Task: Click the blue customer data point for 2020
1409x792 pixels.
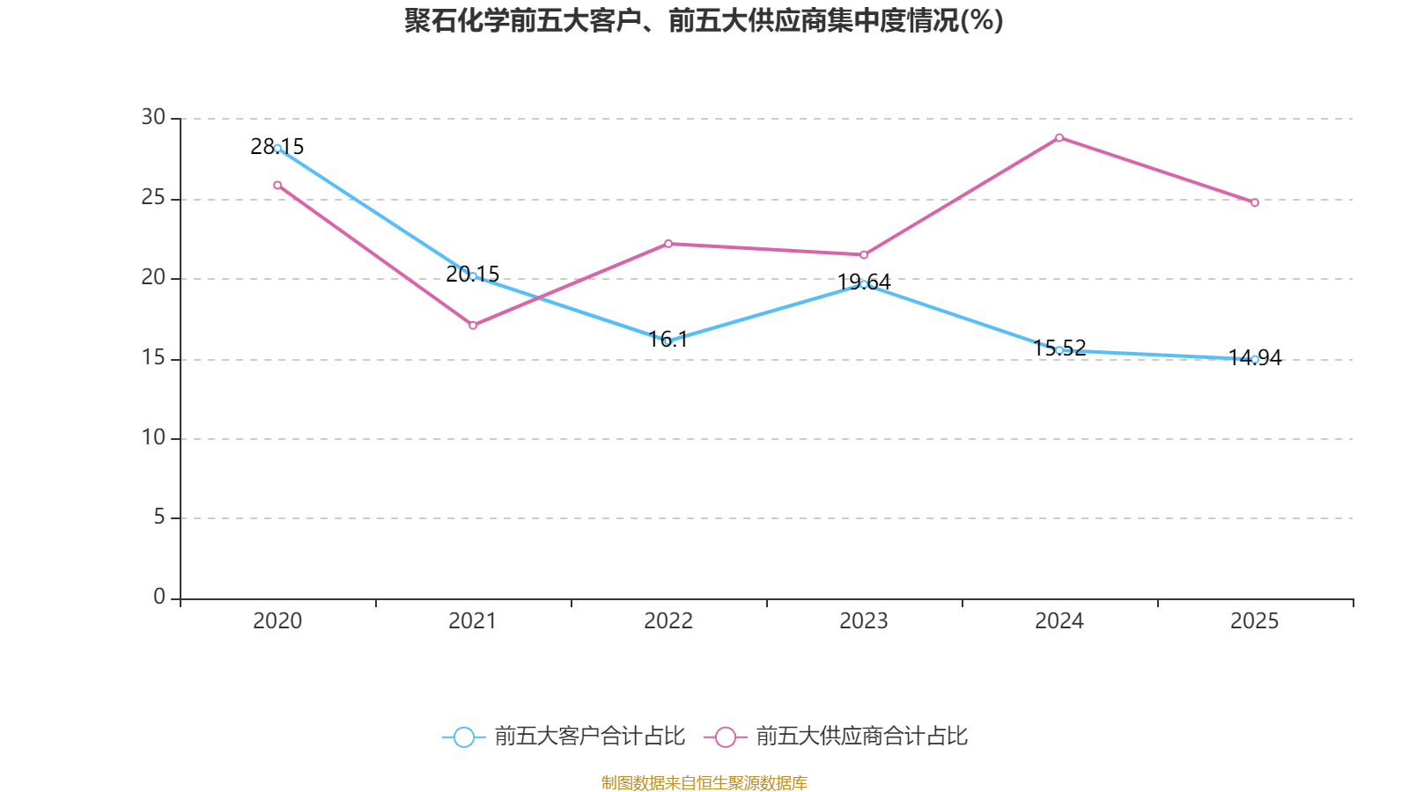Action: [277, 148]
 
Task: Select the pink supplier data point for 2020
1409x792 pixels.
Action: [277, 185]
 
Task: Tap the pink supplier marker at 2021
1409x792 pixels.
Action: [473, 326]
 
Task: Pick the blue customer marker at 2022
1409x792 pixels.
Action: [668, 341]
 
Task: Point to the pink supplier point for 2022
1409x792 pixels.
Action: [668, 244]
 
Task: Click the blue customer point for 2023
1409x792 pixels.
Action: [864, 283]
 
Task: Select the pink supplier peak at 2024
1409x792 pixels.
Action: [1059, 137]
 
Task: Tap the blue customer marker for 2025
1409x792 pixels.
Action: [1255, 359]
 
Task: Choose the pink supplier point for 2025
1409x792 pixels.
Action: [1255, 202]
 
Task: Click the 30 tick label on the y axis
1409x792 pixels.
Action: [153, 117]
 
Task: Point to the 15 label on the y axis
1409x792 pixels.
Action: [153, 357]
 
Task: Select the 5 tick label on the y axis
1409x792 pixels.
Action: [159, 517]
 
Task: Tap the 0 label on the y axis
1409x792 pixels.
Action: [159, 597]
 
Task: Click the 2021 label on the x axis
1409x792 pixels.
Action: [473, 621]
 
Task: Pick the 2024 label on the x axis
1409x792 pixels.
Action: [1059, 621]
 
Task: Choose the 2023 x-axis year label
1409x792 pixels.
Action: [864, 621]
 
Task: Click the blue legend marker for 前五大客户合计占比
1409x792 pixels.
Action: [463, 737]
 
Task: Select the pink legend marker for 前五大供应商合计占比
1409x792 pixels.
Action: [725, 737]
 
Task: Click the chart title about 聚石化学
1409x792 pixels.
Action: [704, 20]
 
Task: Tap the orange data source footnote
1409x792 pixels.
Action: [704, 782]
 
